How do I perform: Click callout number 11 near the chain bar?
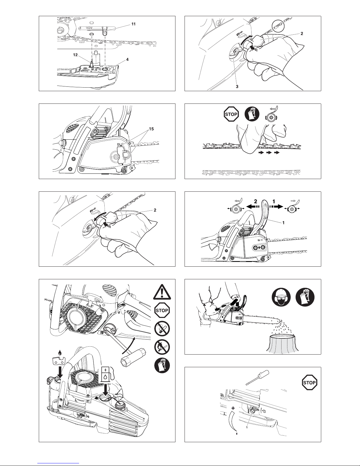tap(133, 24)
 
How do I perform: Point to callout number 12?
tap(75, 55)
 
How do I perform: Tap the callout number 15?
tap(151, 129)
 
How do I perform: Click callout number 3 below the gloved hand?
tap(237, 86)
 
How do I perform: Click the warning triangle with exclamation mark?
tap(162, 292)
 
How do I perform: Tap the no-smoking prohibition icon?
tap(162, 328)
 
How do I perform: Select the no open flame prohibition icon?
tap(162, 347)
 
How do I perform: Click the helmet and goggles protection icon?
tap(281, 297)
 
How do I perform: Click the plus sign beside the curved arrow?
tap(233, 408)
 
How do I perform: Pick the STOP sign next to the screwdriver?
tap(309, 383)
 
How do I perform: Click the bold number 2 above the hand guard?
tap(255, 201)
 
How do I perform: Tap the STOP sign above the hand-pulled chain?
tap(231, 114)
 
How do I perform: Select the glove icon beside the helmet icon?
tap(305, 297)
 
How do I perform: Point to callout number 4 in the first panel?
tap(127, 59)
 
